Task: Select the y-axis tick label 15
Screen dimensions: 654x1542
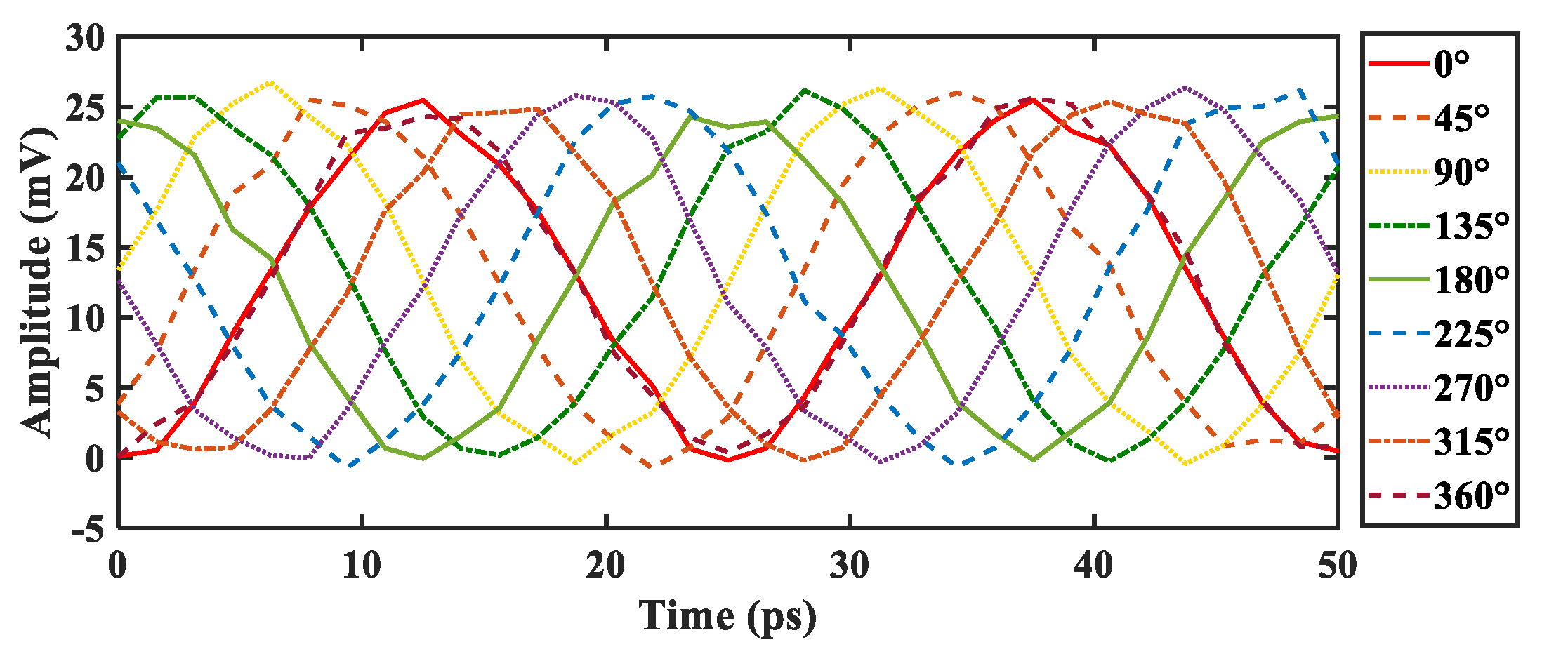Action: (85, 248)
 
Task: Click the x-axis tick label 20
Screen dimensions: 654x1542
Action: (605, 566)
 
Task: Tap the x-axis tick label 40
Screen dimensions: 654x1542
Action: (1093, 566)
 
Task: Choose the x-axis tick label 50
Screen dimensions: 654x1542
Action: (1337, 566)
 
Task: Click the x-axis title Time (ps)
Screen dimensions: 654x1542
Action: (727, 617)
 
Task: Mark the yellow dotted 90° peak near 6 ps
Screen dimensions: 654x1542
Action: (271, 83)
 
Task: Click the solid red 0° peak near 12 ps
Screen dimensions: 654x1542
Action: (422, 100)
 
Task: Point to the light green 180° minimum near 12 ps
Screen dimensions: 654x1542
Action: (422, 458)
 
